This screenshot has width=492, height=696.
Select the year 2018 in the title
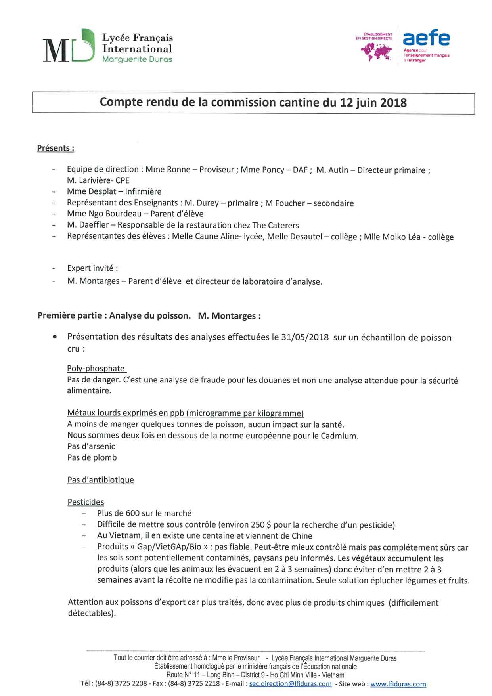pos(393,103)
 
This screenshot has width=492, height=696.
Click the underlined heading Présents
pos(56,148)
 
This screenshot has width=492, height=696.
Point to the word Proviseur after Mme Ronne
pos(216,170)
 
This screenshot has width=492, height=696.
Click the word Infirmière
pos(143,192)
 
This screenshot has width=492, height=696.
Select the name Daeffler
pos(95,225)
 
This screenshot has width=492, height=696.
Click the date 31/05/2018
pos(305,338)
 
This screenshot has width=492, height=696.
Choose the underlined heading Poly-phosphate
pos(96,369)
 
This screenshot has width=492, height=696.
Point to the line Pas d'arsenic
pos(91,446)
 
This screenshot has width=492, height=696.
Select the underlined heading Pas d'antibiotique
pos(101,480)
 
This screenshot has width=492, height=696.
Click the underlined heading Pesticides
pos(86,502)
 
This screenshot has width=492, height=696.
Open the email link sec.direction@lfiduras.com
pos(290,684)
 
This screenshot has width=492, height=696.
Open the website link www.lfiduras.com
pos(398,684)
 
